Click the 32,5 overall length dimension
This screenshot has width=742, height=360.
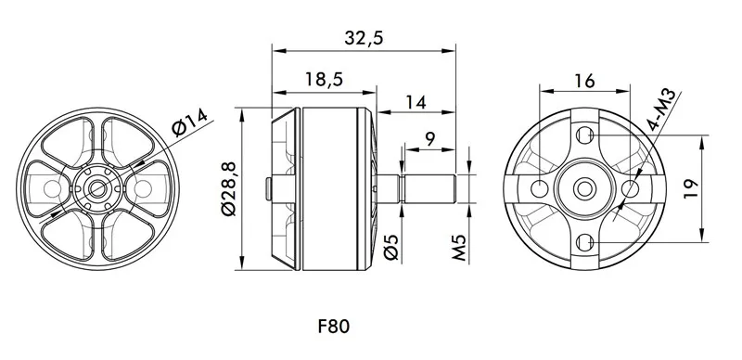click(364, 37)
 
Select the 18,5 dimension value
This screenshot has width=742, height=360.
click(324, 79)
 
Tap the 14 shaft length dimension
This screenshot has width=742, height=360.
click(416, 102)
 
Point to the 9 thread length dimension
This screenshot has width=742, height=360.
click(429, 139)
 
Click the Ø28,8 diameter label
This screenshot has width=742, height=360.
click(229, 189)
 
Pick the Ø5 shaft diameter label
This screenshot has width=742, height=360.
click(391, 247)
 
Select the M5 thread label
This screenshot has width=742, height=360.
click(459, 247)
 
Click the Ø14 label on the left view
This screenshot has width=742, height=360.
click(190, 122)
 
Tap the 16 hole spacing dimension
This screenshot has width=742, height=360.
click(584, 81)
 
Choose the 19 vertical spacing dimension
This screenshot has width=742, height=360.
click(691, 189)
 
